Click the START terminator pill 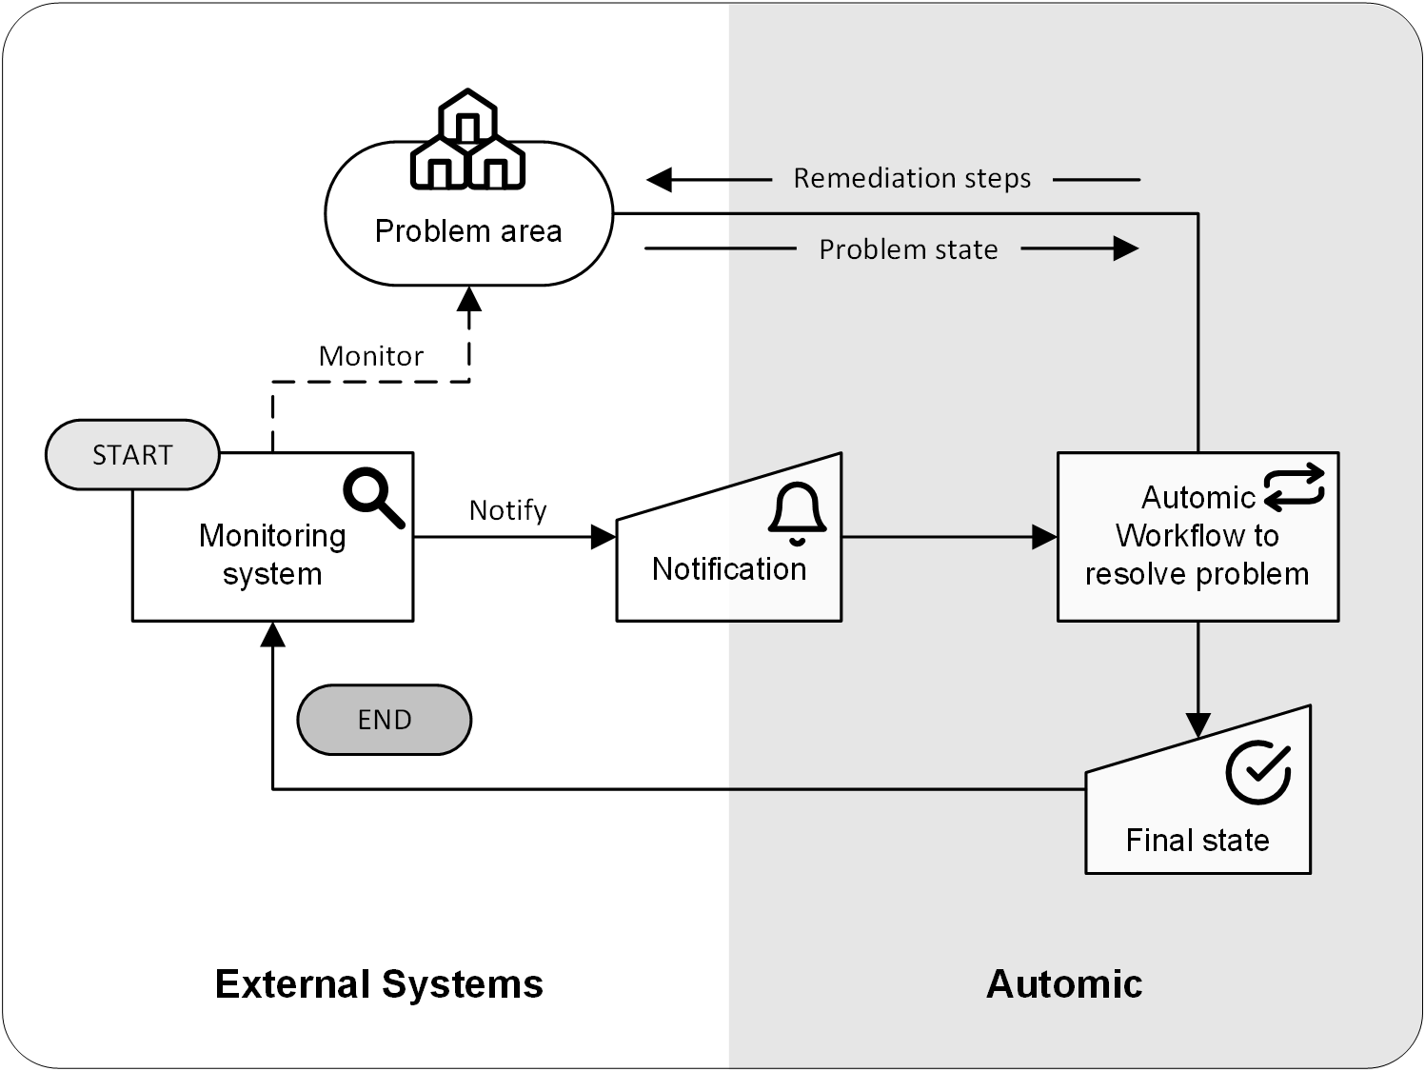(x=132, y=455)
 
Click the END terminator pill (x=384, y=720)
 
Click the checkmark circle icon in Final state (x=1257, y=773)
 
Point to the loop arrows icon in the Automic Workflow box (x=1295, y=486)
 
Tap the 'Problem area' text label (x=467, y=231)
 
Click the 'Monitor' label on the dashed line (x=370, y=356)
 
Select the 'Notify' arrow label (x=507, y=510)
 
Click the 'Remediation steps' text (x=911, y=178)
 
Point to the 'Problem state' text (x=908, y=249)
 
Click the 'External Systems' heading (x=379, y=984)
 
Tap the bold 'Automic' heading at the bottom (x=1063, y=984)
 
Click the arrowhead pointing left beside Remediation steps (x=660, y=179)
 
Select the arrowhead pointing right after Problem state (x=1126, y=249)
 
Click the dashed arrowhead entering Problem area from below (x=469, y=299)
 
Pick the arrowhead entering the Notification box (x=604, y=537)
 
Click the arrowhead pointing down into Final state (x=1197, y=725)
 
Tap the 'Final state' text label (x=1197, y=840)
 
